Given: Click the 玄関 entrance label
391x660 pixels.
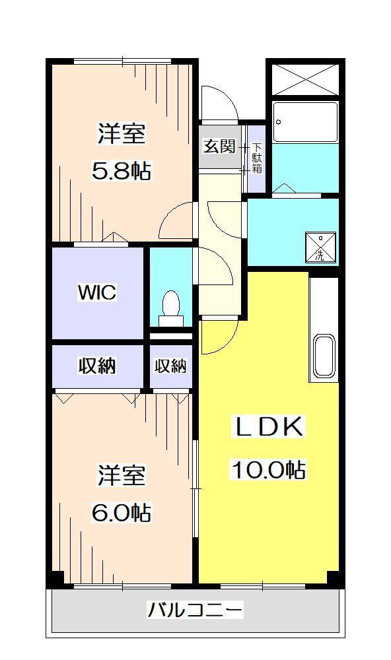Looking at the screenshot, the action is (x=219, y=147).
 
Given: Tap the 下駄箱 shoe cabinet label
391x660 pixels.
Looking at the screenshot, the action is (x=257, y=158).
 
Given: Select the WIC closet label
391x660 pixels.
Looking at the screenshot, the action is (x=97, y=292).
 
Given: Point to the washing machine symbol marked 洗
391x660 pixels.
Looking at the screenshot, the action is (x=320, y=247).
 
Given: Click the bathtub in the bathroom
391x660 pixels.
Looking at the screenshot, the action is (x=305, y=122).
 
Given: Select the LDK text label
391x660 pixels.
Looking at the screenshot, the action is (x=268, y=427).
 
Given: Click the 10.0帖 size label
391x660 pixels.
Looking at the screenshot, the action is (x=268, y=470).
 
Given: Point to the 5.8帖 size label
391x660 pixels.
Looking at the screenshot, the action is (x=122, y=170).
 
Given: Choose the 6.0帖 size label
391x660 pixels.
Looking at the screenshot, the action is (x=122, y=512).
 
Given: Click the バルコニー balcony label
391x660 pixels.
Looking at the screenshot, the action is (x=195, y=609).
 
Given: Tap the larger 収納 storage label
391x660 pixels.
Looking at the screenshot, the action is (x=97, y=366).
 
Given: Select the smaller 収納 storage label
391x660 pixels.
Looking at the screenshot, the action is (x=170, y=366).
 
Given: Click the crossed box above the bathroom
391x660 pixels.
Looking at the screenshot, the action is (x=305, y=79).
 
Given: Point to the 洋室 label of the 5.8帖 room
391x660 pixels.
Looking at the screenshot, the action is (x=122, y=134).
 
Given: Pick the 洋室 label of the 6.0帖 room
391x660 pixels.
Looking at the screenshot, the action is (x=122, y=475).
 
